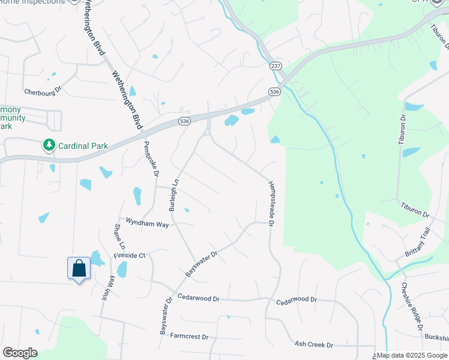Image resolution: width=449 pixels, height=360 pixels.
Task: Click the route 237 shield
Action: point(276,66)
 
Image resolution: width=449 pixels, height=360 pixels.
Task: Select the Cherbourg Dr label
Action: point(43,92)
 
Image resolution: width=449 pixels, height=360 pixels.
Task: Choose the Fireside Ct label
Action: point(130,256)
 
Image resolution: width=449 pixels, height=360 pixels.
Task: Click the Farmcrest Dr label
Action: point(188,337)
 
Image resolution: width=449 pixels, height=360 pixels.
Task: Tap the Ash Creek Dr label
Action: point(313,344)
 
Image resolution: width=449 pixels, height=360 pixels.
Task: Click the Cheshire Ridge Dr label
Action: point(414,306)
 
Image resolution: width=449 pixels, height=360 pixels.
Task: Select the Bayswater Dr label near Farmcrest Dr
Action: point(166,315)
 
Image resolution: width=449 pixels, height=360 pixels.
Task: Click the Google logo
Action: point(20,353)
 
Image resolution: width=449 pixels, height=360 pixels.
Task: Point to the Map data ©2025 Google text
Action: point(412,356)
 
